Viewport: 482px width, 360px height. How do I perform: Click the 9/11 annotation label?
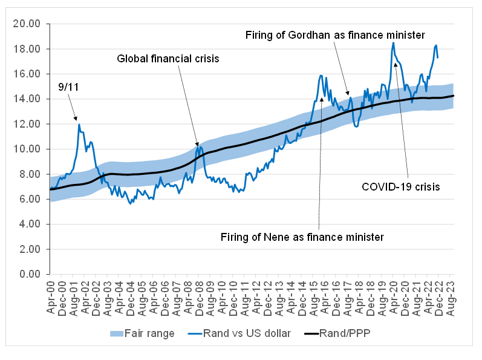pyautogui.click(x=68, y=87)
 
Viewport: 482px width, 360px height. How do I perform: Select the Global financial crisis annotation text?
pyautogui.click(x=168, y=59)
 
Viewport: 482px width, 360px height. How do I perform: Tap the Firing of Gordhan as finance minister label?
pyautogui.click(x=336, y=34)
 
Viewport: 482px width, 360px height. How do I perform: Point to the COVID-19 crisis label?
pyautogui.click(x=400, y=187)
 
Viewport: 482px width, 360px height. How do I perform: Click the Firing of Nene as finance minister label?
pyautogui.click(x=302, y=237)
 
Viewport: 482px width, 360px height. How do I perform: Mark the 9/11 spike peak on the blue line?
pyautogui.click(x=79, y=125)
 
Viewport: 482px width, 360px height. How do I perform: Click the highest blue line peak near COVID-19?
pyautogui.click(x=393, y=42)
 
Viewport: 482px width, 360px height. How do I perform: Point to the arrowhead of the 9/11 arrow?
pyautogui.click(x=77, y=120)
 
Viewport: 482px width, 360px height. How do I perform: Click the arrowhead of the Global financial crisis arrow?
pyautogui.click(x=197, y=146)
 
